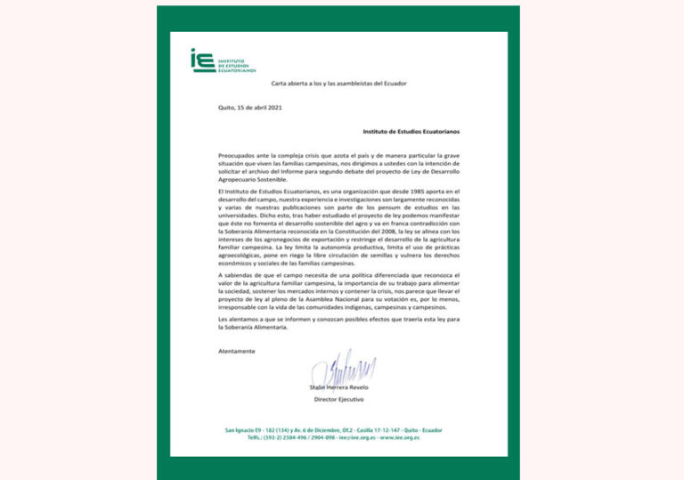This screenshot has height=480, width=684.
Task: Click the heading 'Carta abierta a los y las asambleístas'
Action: tap(338, 83)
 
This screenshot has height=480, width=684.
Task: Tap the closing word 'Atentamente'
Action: tap(236, 351)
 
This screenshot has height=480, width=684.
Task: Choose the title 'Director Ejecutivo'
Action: tap(339, 399)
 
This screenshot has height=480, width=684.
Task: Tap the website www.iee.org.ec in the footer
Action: tap(397, 437)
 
